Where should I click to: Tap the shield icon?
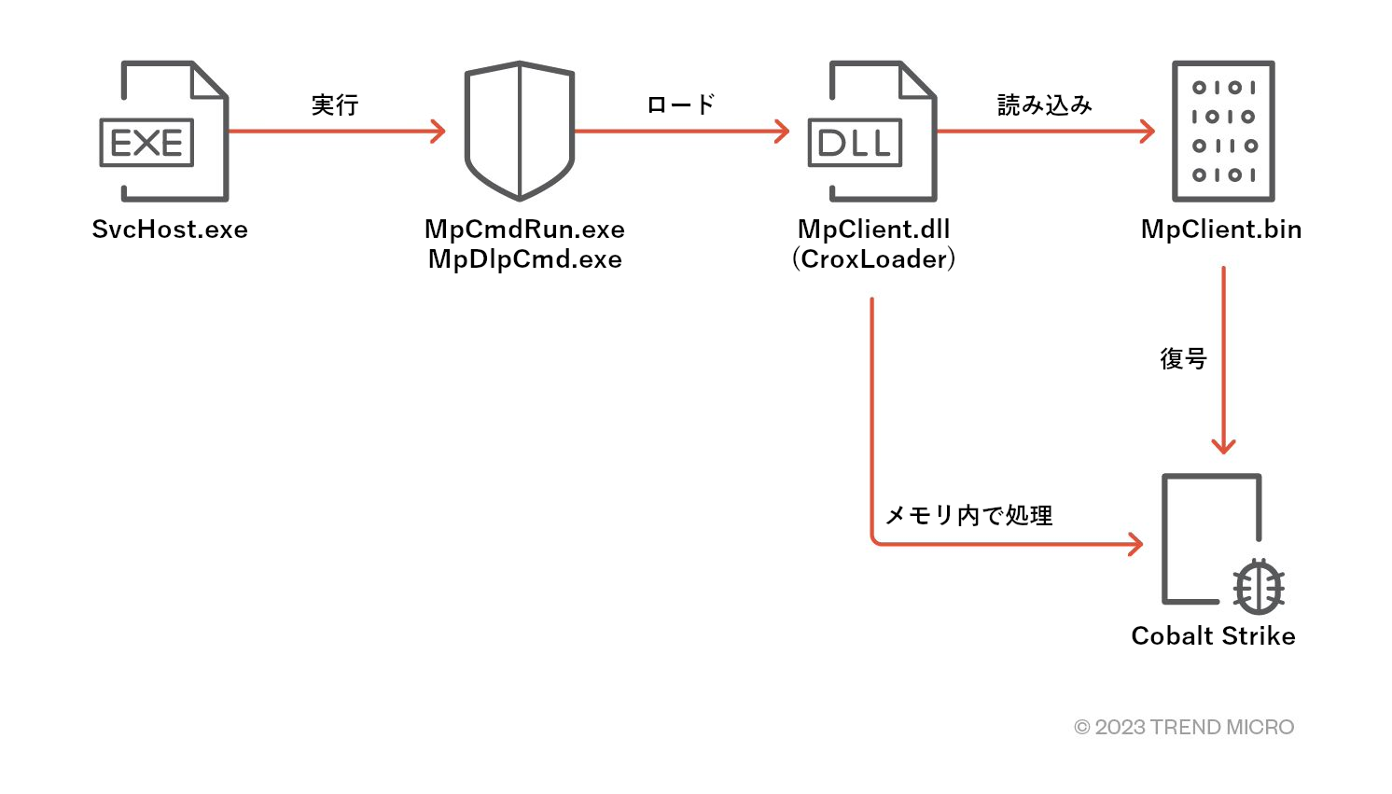click(x=520, y=131)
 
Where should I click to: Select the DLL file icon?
click(x=873, y=132)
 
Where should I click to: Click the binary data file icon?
click(x=1223, y=131)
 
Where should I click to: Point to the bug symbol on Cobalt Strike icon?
click(x=1258, y=587)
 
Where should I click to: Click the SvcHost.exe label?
click(x=170, y=230)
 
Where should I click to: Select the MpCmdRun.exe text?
click(x=524, y=230)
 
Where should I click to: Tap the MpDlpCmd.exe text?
click(x=524, y=259)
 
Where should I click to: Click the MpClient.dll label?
click(x=873, y=230)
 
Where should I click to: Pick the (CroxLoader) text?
click(x=873, y=259)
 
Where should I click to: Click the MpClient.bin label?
click(x=1221, y=230)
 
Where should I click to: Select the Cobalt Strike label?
click(x=1213, y=636)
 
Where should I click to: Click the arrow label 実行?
click(x=335, y=104)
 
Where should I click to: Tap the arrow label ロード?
click(x=681, y=104)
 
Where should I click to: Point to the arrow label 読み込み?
click(x=1045, y=104)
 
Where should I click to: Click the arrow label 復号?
click(x=1183, y=358)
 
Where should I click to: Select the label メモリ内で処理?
click(x=968, y=515)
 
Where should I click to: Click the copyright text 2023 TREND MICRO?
click(x=1184, y=727)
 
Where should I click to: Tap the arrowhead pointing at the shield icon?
click(x=438, y=132)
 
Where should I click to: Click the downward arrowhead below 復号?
click(x=1223, y=445)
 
